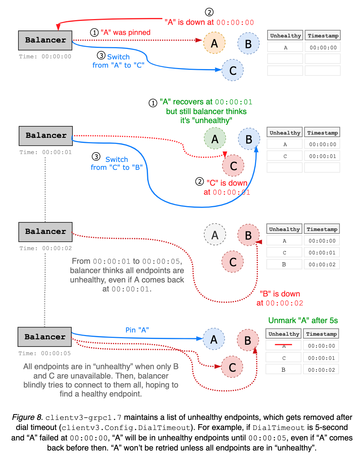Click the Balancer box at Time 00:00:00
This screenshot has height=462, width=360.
pos(45,40)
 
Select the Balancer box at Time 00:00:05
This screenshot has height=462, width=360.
pos(45,337)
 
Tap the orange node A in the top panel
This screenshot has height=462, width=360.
pos(214,43)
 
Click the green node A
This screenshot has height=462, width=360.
pos(215,139)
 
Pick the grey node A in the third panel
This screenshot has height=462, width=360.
pos(215,235)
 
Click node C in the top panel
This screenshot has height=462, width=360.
pos(233,70)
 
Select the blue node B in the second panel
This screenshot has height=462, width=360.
pos(249,139)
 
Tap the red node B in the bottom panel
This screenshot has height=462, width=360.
pos(248,340)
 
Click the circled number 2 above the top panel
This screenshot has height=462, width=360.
pos(209,12)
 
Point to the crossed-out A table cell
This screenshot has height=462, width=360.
pos(283,346)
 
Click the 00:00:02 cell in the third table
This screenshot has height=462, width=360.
pos(322,264)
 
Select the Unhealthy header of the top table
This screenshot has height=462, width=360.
pos(285,36)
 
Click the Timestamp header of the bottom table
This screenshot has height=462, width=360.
pos(321,334)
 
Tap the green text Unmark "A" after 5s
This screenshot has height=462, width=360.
pos(303,321)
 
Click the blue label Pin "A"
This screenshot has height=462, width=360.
pos(137,330)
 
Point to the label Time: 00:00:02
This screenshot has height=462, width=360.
pos(46,248)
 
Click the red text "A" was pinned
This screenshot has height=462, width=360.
pos(125,32)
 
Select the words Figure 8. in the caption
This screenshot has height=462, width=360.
pos(27,417)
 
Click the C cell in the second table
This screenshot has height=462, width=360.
pos(285,156)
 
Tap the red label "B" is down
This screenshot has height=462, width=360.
pos(280,294)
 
